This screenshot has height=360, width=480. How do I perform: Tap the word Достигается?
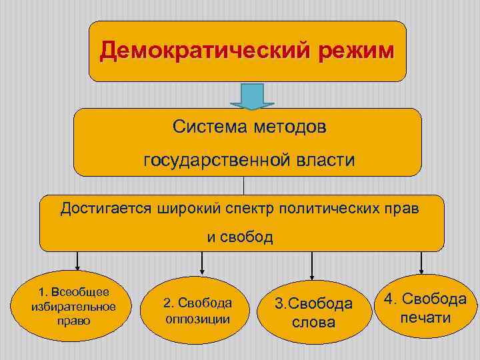107,209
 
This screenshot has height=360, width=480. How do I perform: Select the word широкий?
189,209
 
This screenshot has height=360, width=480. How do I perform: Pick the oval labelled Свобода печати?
424,307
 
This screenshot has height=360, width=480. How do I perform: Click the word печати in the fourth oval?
425,317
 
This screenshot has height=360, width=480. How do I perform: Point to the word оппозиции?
198,319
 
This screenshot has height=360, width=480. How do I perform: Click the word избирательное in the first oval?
74,307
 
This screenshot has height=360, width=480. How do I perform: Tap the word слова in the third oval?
314,323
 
